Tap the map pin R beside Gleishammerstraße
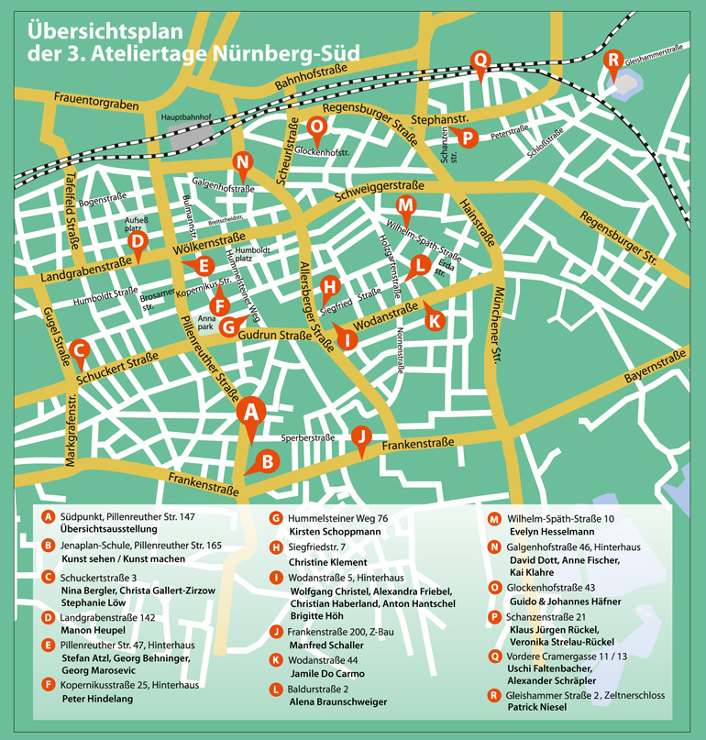613,61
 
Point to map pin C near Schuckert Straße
79,349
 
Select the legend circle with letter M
495,517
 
